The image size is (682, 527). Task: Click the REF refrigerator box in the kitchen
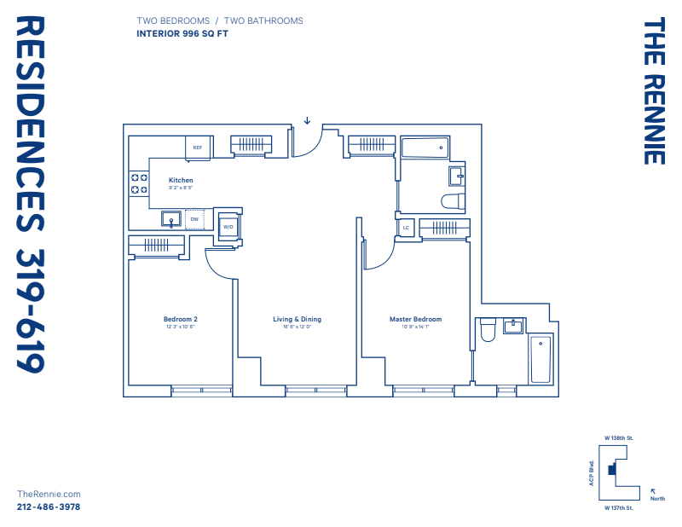[x=198, y=148]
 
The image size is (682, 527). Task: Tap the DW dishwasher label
[x=194, y=219]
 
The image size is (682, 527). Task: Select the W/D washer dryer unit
[x=228, y=227]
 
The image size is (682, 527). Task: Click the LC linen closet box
[x=406, y=228]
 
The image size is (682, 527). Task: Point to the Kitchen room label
[x=181, y=180]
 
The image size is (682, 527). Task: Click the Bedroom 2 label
[x=180, y=319]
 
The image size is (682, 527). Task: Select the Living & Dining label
[x=297, y=319]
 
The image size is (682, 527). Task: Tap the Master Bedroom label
[x=415, y=319]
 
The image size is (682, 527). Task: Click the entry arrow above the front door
[x=307, y=120]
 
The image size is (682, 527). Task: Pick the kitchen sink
[x=171, y=219]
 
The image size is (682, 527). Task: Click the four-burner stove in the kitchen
[x=137, y=183]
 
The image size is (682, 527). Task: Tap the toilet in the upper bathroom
[x=454, y=201]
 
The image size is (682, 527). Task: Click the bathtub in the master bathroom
[x=540, y=359]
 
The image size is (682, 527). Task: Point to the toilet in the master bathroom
[x=488, y=329]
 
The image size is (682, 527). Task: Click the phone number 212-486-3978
[x=49, y=507]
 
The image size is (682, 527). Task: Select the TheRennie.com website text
[x=49, y=494]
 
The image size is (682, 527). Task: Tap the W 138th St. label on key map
[x=618, y=437]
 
